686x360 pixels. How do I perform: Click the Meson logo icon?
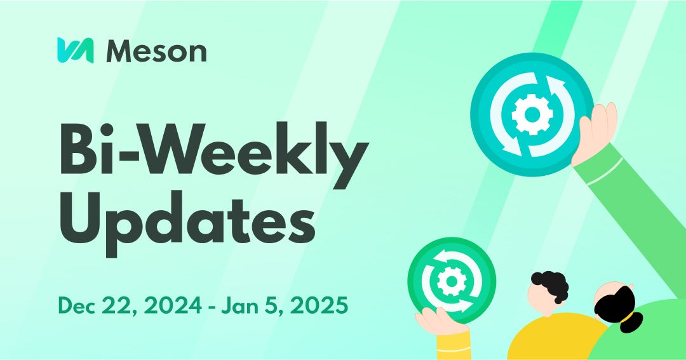[x=75, y=50]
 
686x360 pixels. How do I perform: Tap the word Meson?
[x=156, y=51]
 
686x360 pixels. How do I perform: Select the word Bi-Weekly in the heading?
[x=213, y=150]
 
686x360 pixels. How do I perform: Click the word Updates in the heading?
[x=187, y=224]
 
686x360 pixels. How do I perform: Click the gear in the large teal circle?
[x=532, y=115]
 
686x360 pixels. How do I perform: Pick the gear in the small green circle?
[x=451, y=281]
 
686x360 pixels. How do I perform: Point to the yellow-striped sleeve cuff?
[x=453, y=345]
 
